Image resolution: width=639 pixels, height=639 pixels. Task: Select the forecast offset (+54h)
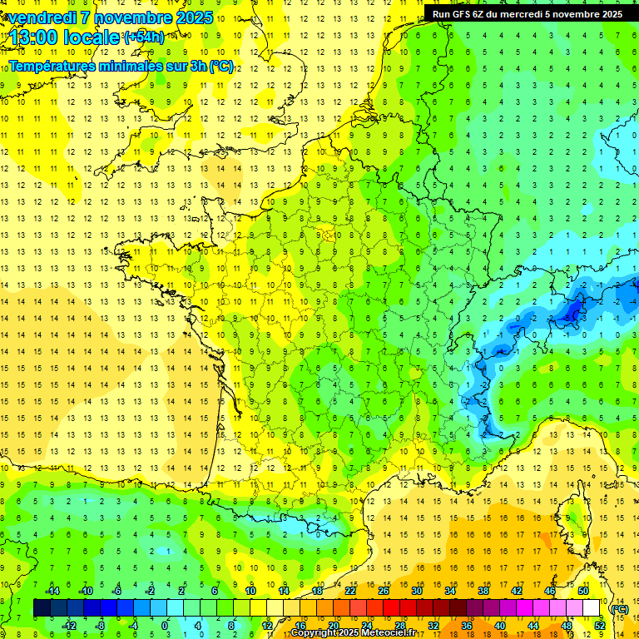click(143, 37)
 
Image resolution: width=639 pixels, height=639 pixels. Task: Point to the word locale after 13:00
click(92, 38)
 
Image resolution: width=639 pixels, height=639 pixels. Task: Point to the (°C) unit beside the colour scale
click(619, 608)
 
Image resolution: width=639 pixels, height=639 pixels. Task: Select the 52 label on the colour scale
click(600, 626)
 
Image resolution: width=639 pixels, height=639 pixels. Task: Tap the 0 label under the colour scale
click(165, 626)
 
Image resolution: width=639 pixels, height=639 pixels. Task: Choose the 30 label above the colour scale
click(416, 591)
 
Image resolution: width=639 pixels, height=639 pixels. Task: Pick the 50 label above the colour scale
click(582, 591)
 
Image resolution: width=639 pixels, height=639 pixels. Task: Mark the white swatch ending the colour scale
click(592, 608)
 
